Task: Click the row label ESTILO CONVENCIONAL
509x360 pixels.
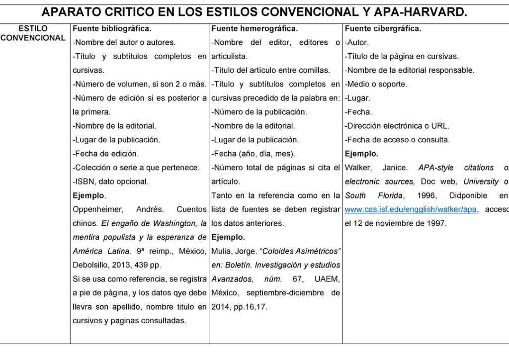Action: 33,33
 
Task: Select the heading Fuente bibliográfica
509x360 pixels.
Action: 112,29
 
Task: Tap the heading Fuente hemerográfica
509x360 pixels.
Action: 254,29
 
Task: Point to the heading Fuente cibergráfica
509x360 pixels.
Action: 383,29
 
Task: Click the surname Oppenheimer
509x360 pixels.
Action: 97,210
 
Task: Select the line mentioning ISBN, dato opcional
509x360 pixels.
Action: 110,182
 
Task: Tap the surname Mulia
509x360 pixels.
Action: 221,252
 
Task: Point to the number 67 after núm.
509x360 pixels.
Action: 298,279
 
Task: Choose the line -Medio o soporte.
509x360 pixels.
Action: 376,85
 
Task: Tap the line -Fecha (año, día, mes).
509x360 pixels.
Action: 253,154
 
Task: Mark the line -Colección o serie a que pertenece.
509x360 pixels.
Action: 136,168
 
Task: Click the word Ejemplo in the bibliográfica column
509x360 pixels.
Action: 88,196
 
